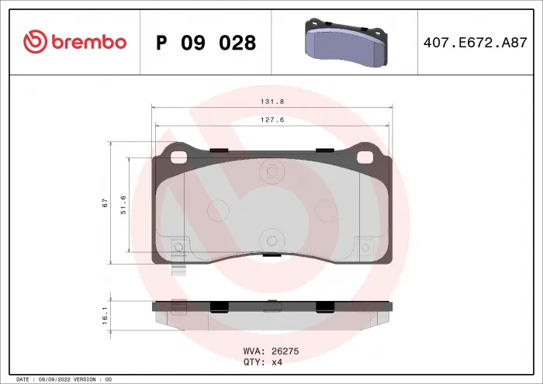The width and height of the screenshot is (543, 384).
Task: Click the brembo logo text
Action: click(x=88, y=42)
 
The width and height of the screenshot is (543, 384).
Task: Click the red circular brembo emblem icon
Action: click(x=36, y=42)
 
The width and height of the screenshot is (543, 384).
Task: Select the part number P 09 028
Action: click(x=206, y=43)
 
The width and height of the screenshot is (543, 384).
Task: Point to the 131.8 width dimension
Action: click(x=271, y=100)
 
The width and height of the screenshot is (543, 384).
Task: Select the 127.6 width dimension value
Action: click(x=271, y=119)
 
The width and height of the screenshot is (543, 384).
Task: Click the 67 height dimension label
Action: click(x=104, y=203)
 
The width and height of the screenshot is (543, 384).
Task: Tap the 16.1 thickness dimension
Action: click(x=104, y=316)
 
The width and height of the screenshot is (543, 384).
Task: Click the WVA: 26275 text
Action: click(x=271, y=351)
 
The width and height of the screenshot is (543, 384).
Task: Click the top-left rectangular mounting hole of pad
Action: click(x=179, y=157)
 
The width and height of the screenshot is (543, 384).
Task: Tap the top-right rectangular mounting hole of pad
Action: click(x=365, y=157)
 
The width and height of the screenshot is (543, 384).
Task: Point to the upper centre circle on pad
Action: click(x=271, y=171)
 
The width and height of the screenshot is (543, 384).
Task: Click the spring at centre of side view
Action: click(x=271, y=310)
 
